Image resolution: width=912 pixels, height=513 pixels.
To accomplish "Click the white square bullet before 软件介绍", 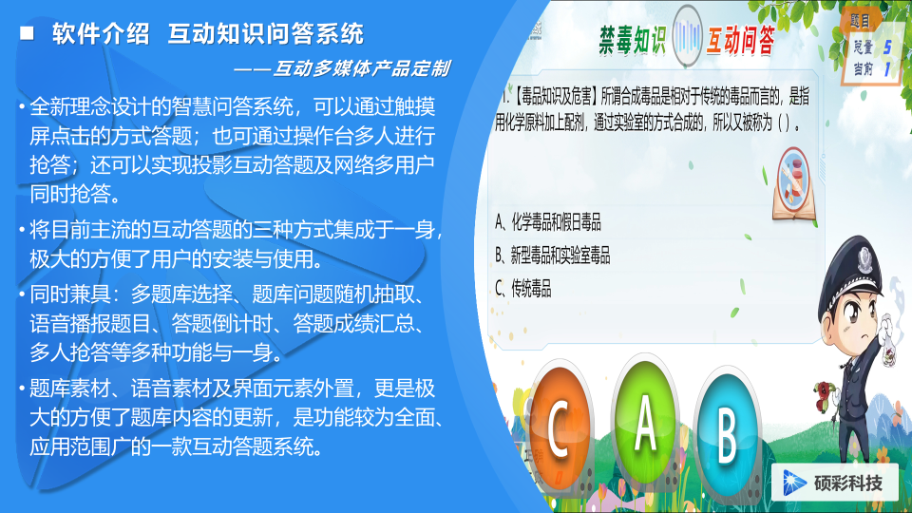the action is (27, 33).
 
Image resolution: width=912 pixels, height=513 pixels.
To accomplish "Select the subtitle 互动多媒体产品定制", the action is (361, 68).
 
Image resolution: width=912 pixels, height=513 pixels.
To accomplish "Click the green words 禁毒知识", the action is (633, 40).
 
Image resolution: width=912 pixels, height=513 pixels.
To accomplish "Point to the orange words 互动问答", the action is (740, 40).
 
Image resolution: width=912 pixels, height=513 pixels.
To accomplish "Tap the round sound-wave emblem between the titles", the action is (687, 36).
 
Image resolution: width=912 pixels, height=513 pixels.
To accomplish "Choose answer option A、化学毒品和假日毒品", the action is (548, 221).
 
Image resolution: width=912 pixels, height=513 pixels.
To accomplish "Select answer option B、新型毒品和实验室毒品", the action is (553, 255).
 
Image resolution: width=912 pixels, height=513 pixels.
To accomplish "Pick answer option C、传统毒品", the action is (522, 288).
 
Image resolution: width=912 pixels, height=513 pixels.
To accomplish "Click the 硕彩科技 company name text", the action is (848, 484).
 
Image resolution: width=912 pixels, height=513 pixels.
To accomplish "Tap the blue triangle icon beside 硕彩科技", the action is (793, 484).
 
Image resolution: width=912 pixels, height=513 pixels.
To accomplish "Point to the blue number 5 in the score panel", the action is (887, 47).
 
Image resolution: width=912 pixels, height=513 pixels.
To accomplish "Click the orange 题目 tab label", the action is (860, 21).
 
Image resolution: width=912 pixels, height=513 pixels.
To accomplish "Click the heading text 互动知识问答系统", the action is (266, 34).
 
